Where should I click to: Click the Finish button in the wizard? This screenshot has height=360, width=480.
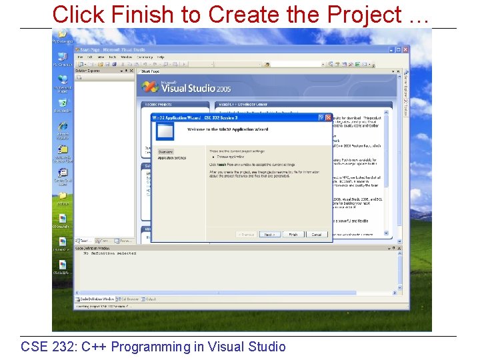tap(293, 235)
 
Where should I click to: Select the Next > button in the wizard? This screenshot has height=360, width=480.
tap(268, 235)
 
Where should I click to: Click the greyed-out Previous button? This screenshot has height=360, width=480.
tap(245, 235)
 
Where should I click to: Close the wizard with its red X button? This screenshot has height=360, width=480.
tap(328, 117)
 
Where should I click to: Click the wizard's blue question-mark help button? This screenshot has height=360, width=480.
tap(321, 117)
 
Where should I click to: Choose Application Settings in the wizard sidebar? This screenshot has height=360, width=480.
tap(171, 158)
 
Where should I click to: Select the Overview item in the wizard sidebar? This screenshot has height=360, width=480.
tap(165, 152)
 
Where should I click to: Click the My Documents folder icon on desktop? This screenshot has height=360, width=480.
tap(62, 35)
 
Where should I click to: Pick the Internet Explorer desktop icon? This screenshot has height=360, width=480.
tap(63, 127)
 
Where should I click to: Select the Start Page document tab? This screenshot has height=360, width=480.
tap(150, 71)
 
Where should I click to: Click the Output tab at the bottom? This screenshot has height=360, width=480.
tap(151, 299)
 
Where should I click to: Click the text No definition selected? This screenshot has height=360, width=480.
tap(109, 253)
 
